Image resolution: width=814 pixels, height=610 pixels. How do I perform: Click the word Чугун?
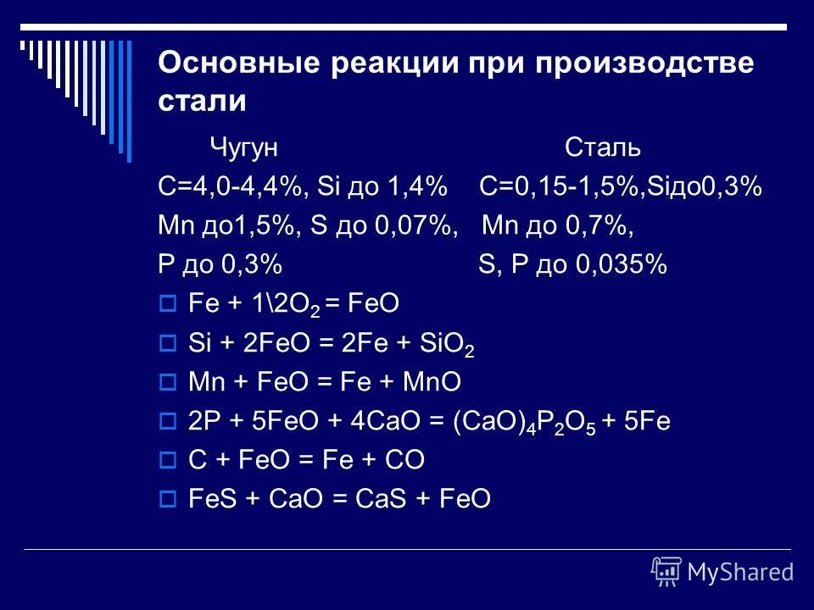[x=245, y=148]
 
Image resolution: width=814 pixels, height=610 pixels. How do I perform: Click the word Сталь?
[x=603, y=148]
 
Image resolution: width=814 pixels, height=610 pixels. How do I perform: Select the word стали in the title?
[x=202, y=102]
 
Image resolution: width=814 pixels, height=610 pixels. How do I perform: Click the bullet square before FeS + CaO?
[x=167, y=500]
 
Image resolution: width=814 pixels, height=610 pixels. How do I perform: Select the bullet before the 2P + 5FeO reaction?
[x=167, y=421]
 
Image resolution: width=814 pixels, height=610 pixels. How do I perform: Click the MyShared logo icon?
[x=666, y=571]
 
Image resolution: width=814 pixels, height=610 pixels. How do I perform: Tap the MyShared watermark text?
[x=740, y=572]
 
